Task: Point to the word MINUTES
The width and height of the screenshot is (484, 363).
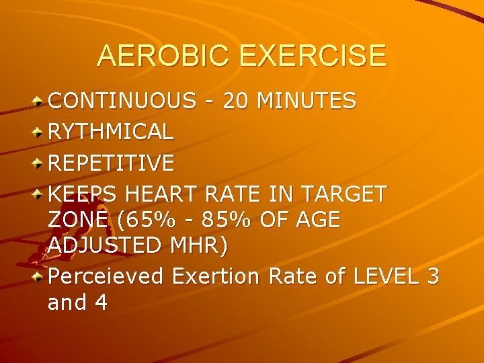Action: [x=307, y=101]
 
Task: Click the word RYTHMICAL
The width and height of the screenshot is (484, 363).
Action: [x=111, y=132]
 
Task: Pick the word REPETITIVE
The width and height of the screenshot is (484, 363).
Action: [x=112, y=163]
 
